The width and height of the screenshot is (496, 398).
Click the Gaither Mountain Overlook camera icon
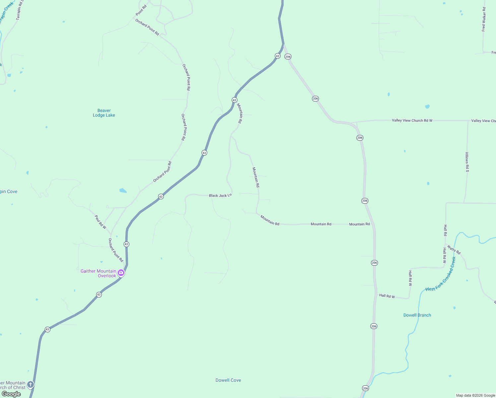point(121,273)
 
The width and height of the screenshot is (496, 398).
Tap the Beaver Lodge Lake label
point(104,113)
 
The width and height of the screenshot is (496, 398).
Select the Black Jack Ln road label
point(220,196)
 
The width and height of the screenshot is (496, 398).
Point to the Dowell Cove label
point(228,380)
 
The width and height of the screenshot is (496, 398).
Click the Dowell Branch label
point(417,315)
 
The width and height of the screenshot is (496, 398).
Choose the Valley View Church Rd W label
point(412,120)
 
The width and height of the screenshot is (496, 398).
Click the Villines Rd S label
point(467,162)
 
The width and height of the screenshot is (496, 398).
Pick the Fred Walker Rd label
point(484,19)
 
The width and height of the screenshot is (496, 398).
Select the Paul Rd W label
point(100,222)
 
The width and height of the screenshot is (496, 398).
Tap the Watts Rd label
point(454,249)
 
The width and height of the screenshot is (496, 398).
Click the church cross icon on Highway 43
point(31,384)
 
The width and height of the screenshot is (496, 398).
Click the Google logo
point(11,394)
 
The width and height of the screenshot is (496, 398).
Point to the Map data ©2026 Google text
point(475,395)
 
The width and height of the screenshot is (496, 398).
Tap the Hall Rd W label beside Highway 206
point(387,296)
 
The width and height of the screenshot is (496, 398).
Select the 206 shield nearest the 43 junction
point(288,57)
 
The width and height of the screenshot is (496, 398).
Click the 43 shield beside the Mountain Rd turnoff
point(234,100)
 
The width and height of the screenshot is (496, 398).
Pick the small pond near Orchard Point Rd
point(123,191)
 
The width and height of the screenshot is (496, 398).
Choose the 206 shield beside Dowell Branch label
point(374,326)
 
